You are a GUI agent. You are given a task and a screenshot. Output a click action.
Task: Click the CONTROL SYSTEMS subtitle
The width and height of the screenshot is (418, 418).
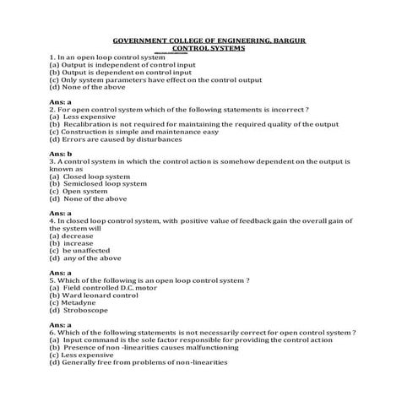(x=209, y=49)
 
